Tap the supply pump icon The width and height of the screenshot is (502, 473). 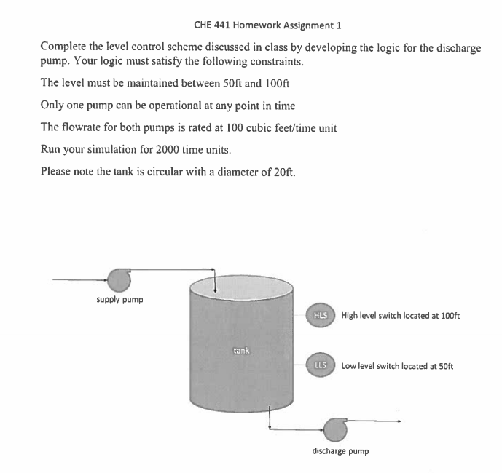(x=119, y=279)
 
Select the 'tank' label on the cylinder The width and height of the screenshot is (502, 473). (x=241, y=351)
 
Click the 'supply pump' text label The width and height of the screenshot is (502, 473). (x=119, y=299)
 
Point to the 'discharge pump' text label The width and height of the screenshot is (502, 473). (x=340, y=450)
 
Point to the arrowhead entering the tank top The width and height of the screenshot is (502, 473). (x=215, y=291)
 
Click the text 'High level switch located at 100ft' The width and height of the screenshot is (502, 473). (x=400, y=316)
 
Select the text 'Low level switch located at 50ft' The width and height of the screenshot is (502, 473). (x=397, y=366)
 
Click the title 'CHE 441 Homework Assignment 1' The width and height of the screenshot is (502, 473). (x=267, y=25)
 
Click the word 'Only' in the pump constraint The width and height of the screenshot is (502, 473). (x=53, y=106)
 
